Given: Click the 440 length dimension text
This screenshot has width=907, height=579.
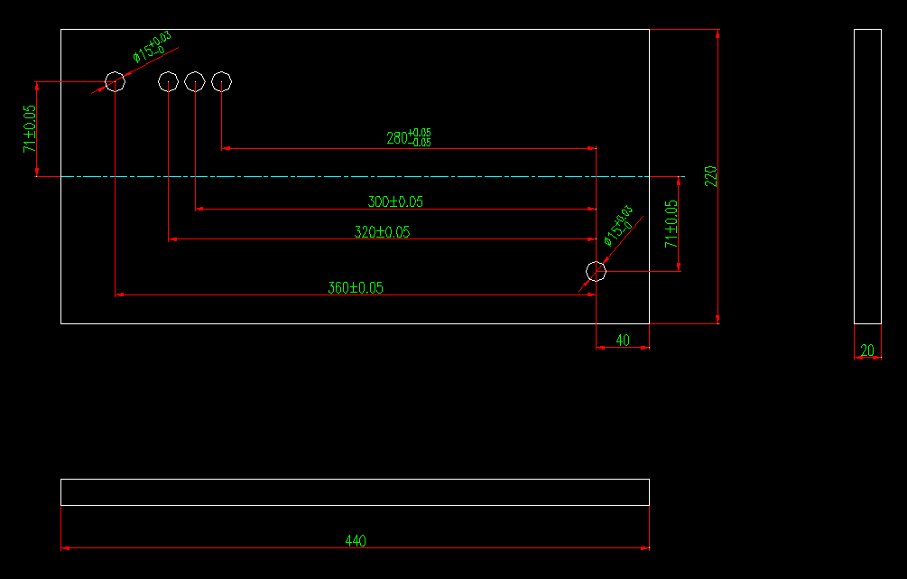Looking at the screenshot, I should coord(356,541).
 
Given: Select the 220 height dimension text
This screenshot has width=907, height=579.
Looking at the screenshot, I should coord(710,175).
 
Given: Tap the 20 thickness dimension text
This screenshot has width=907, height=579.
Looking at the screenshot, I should coord(867,350).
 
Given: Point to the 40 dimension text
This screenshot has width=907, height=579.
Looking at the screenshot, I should coord(623,340).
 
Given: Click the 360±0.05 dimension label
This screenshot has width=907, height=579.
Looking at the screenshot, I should coord(356,288).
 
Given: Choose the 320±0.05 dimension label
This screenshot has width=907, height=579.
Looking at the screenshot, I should coord(382,232).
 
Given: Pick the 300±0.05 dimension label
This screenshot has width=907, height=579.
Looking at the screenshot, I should coord(395,202).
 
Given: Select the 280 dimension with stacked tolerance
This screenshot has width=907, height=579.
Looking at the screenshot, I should coord(409,137).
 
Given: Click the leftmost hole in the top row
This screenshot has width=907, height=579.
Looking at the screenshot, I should coord(115,82).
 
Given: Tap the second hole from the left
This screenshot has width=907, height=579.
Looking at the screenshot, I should coord(168,82).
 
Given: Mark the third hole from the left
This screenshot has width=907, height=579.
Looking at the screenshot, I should coord(195,82).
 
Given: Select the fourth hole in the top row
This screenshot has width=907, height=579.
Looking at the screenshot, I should coord(222,82).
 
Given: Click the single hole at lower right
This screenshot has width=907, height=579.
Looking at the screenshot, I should coord(596,270).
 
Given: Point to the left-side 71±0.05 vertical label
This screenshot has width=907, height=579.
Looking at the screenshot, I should coord(30,127).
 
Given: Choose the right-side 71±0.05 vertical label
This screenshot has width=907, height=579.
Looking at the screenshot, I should coord(671,224).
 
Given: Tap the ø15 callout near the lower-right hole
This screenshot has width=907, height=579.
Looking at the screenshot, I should coord(618,226).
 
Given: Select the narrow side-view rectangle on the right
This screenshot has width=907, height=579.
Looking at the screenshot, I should coord(867,175).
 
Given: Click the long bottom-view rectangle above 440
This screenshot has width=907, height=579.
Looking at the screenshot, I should coord(355,492).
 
